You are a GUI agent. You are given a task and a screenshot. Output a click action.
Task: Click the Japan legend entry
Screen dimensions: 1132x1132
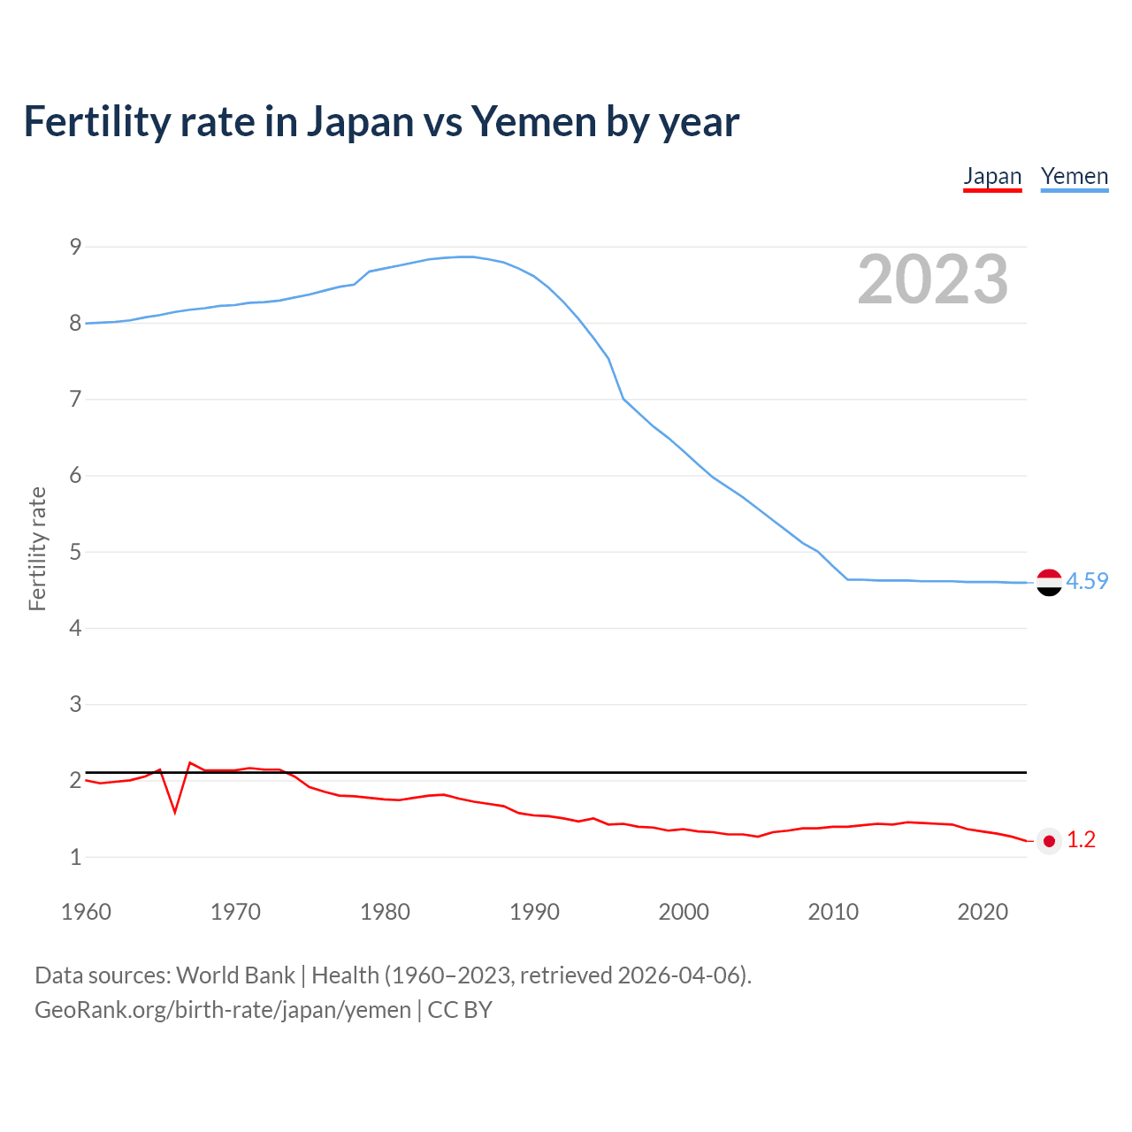point(992,177)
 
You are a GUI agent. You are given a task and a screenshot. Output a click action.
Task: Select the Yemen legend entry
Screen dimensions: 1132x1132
point(1075,177)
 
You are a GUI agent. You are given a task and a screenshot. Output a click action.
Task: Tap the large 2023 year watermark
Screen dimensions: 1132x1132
point(933,279)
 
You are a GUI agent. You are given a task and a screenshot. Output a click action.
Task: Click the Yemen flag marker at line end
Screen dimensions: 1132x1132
point(1049,582)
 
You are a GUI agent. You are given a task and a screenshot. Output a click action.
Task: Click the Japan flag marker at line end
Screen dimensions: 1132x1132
point(1049,841)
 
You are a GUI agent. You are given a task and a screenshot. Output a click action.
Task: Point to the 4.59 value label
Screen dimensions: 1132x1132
point(1087,581)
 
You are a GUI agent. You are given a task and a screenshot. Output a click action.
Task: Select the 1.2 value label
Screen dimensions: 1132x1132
point(1081,840)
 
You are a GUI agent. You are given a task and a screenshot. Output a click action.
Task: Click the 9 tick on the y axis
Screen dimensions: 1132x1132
point(75,247)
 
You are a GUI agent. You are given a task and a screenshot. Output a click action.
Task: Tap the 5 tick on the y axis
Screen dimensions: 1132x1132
point(75,552)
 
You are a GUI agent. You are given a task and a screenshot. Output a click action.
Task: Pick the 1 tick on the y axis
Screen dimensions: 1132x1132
point(75,857)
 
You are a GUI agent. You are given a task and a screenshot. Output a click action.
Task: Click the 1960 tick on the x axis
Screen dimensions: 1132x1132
point(86,912)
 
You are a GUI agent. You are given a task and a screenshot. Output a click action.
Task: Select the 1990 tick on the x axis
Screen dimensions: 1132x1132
point(534,912)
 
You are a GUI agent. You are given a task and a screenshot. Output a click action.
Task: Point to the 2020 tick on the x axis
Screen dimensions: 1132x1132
point(983,912)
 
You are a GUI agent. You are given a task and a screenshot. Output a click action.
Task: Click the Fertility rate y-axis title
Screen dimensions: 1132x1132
point(37,548)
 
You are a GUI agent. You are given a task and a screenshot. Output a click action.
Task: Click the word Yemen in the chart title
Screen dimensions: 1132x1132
point(533,122)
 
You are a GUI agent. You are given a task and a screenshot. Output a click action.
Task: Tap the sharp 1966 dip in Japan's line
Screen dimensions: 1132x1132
point(175,811)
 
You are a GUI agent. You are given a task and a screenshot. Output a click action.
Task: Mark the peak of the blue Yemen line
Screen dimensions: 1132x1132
point(466,256)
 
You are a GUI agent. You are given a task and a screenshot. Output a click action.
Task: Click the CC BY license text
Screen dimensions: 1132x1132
point(460,1010)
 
